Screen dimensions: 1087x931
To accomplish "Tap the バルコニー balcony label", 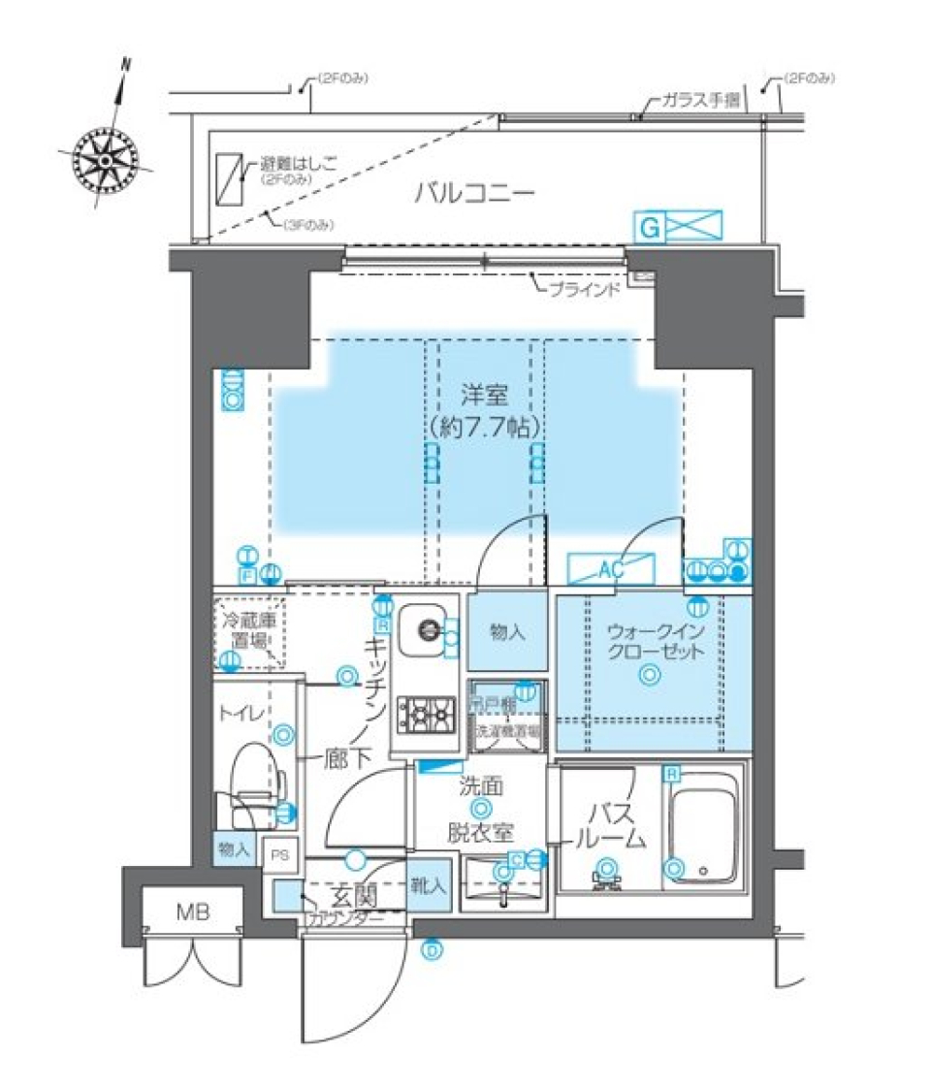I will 474,193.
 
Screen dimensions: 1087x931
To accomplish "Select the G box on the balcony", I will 651,227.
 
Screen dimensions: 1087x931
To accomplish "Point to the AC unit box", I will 610,569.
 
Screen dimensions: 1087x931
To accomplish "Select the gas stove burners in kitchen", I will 428,715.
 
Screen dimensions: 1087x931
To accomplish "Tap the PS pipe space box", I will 280,855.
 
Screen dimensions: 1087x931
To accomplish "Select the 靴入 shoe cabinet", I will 429,884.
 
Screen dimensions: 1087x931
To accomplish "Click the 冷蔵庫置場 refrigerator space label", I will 244,629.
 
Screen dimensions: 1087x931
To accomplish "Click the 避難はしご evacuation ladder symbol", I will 230,179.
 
